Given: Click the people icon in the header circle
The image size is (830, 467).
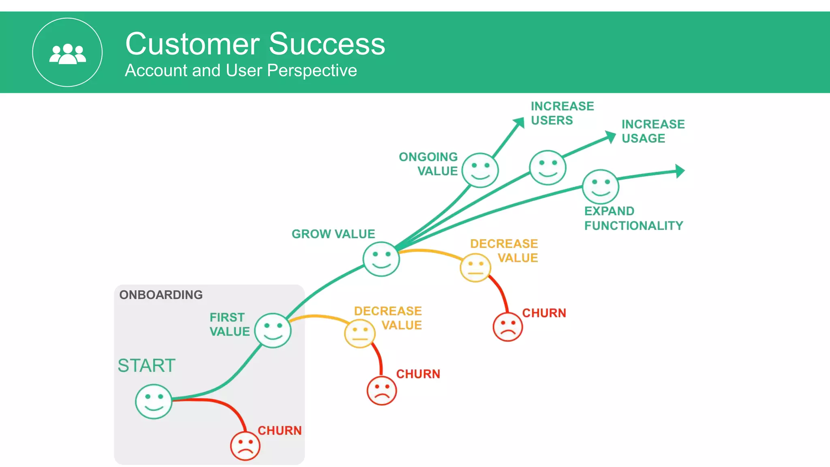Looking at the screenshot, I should pyautogui.click(x=68, y=54).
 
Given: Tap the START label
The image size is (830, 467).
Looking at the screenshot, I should pyautogui.click(x=146, y=365).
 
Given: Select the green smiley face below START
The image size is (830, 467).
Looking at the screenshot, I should pyautogui.click(x=154, y=401).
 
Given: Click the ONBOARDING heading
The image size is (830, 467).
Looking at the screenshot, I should pyautogui.click(x=161, y=295).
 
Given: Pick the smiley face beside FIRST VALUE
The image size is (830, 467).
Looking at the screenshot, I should pyautogui.click(x=273, y=330).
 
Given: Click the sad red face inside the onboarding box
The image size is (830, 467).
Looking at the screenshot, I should pyautogui.click(x=245, y=446).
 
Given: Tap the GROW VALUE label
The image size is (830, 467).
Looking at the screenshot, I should pyautogui.click(x=333, y=234).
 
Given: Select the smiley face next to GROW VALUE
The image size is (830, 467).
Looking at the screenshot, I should pyautogui.click(x=381, y=259).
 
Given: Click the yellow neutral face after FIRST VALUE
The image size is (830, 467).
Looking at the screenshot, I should pyautogui.click(x=359, y=334).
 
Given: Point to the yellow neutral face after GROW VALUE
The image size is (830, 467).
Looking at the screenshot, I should pyautogui.click(x=475, y=268).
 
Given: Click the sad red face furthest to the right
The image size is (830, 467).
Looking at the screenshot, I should pyautogui.click(x=507, y=327).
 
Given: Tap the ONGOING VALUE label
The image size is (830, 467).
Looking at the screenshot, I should pyautogui.click(x=429, y=164).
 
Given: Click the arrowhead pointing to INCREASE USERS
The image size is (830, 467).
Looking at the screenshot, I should pyautogui.click(x=519, y=122).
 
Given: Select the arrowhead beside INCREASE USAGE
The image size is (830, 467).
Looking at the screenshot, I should pyautogui.click(x=610, y=137).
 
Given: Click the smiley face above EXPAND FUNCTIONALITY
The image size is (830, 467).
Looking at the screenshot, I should pyautogui.click(x=600, y=186).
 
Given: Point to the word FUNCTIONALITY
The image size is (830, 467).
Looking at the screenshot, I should pyautogui.click(x=633, y=225).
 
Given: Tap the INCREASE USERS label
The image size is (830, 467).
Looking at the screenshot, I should pyautogui.click(x=562, y=113).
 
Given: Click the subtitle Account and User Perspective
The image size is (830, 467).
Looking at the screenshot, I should pyautogui.click(x=241, y=71).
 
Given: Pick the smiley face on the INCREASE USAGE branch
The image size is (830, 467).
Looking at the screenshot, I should pyautogui.click(x=548, y=167).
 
